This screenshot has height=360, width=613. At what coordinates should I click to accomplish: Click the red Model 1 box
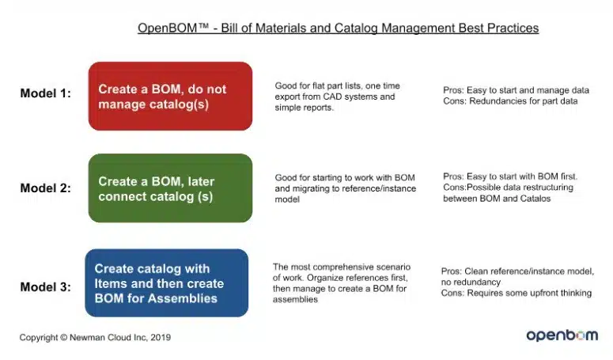tap(170, 97)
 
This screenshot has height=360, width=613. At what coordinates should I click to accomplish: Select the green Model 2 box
tap(170, 188)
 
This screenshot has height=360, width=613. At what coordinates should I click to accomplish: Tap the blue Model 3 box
tap(167, 283)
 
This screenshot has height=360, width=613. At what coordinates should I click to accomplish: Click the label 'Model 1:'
tap(45, 93)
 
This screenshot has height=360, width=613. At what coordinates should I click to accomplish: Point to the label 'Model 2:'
tap(45, 188)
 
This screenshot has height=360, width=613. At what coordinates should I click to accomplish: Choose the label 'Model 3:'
tap(45, 287)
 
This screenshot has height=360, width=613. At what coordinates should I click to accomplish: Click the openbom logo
tap(562, 335)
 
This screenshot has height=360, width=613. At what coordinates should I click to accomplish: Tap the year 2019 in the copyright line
tap(161, 337)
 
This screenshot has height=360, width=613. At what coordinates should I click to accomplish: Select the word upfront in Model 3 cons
tap(551, 294)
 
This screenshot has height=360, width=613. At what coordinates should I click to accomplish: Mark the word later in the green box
tap(201, 181)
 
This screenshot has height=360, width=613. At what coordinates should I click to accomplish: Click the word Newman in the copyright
tap(85, 337)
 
